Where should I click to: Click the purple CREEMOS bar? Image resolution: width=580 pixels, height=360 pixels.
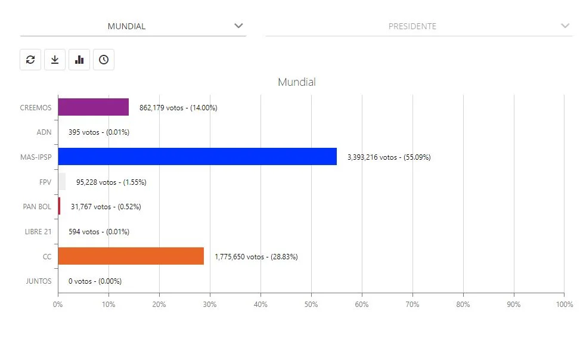pos(93,107)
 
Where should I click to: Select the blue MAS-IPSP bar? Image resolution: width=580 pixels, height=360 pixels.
pos(197,157)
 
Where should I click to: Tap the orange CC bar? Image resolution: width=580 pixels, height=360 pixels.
pos(131,256)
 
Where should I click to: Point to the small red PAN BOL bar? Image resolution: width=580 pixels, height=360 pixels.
pos(59,206)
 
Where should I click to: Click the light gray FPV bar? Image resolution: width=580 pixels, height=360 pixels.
pos(61,182)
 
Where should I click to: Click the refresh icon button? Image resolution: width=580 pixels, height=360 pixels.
pos(30,60)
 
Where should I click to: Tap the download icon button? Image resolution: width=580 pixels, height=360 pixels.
pos(55,60)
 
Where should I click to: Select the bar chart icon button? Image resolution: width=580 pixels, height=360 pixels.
pos(79,60)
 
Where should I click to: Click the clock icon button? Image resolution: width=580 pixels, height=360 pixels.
pos(104,60)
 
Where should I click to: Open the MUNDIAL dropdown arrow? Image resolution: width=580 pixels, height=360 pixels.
pos(238,26)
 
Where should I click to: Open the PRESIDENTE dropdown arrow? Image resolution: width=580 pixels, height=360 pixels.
pos(565,26)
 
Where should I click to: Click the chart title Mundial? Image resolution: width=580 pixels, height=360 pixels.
pos(296,82)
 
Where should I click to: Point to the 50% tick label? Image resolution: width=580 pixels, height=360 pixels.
pos(311,305)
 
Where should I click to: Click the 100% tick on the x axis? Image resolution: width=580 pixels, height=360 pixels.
pos(563,305)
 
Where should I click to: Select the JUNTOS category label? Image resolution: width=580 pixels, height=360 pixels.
pos(39,281)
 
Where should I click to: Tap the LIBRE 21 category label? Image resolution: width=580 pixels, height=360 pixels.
pos(37,232)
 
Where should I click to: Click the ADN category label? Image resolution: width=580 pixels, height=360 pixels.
pos(44,132)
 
